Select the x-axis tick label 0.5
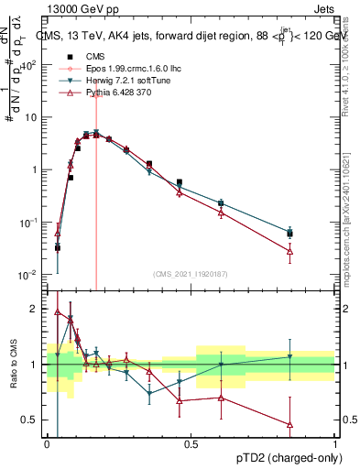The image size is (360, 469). point(191,442)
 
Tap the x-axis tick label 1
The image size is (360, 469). point(336,442)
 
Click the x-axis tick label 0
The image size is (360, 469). point(47,442)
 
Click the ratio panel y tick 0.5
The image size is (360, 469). point(31,420)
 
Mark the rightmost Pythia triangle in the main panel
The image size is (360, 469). point(290,250)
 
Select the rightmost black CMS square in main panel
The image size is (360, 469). point(290,234)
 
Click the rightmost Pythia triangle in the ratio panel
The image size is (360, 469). point(290,424)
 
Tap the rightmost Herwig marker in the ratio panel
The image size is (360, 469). point(290,356)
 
